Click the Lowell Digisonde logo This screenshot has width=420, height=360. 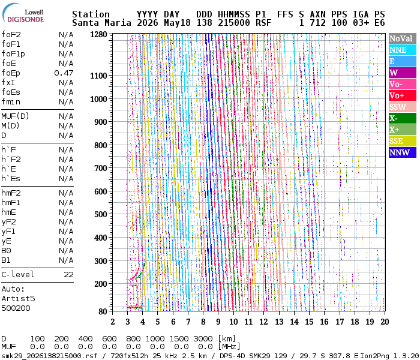23,13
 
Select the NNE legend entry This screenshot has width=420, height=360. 403,50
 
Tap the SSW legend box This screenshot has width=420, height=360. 403,107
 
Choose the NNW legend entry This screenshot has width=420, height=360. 403,152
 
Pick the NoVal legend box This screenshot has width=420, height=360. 403,38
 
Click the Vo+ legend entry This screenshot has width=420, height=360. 403,95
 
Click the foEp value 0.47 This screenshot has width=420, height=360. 64,73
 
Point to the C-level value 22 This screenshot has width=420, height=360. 68,275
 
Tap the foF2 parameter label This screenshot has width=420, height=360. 11,35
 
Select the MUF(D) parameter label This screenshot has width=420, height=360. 15,116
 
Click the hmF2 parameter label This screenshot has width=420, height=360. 11,193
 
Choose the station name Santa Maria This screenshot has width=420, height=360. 101,23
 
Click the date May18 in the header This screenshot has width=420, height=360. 177,23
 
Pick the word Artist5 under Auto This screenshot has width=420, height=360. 18,298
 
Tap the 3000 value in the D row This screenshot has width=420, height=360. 203,338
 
